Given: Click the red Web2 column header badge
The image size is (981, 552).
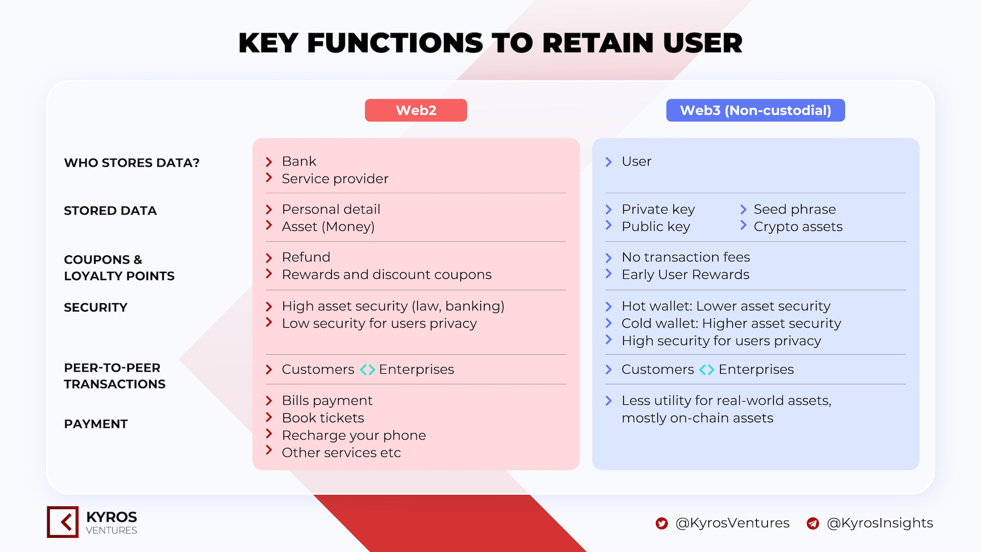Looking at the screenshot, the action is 416,110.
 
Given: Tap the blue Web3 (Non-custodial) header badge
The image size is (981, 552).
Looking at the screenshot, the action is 755,110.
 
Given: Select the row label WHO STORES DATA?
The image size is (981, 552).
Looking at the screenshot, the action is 132,163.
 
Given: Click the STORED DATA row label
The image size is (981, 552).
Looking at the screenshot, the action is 110,211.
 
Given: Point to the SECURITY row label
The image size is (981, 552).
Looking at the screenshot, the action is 96,307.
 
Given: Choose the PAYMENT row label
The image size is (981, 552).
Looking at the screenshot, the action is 96,424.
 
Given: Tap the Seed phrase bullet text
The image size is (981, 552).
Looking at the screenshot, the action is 795,209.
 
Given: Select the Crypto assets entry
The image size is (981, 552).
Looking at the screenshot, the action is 798,227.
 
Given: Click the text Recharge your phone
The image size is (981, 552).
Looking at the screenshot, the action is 354,435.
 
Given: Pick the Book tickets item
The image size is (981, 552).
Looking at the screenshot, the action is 323,418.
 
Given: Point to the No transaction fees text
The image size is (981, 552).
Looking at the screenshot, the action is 686,257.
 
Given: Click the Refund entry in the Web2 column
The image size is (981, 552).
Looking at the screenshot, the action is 306,257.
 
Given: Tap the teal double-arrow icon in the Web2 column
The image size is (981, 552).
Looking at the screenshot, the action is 367,369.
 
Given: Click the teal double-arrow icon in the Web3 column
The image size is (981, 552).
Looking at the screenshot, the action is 707,369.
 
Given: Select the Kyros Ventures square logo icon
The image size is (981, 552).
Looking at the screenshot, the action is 63,522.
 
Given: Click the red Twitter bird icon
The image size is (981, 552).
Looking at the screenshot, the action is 662,523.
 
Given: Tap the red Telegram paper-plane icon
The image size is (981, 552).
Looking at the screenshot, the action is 813,523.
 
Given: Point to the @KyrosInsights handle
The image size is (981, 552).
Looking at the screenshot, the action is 880,523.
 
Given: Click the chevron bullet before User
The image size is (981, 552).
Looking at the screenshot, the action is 609,162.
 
